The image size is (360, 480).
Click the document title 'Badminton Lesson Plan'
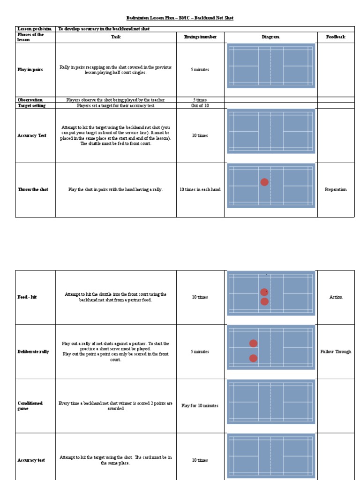(180, 18)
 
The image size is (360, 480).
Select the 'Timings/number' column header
(200, 37)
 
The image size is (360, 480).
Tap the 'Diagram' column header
(270, 37)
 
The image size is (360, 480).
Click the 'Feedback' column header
(336, 37)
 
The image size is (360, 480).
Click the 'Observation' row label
(30, 100)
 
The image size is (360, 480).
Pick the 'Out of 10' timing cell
(200, 105)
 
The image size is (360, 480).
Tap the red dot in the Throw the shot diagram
(264, 182)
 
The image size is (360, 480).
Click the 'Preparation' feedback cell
(336, 190)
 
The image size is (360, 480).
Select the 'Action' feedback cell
(336, 297)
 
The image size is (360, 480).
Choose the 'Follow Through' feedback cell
(336, 352)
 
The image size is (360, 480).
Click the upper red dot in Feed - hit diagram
(264, 292)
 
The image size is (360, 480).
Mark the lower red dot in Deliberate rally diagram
(253, 358)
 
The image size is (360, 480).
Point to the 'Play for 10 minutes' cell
(200, 406)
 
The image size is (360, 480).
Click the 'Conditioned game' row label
(30, 406)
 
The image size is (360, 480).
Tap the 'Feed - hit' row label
(27, 297)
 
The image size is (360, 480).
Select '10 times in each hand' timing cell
(200, 190)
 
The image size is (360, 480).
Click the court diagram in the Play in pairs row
(270, 66)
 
